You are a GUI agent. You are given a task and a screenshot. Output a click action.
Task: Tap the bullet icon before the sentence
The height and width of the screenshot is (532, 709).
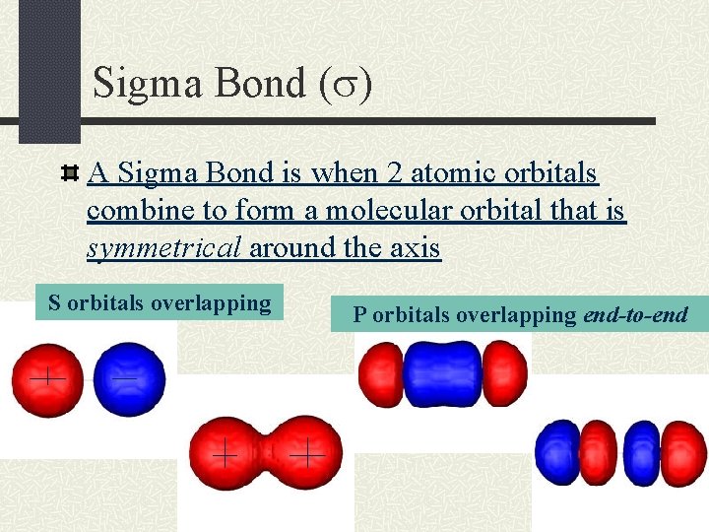70,174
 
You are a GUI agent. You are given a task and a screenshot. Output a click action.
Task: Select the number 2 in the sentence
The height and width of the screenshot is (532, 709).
395,173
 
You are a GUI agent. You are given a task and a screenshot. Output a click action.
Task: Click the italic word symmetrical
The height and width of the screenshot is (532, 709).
164,248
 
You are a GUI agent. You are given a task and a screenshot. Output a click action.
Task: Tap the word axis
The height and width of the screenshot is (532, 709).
415,248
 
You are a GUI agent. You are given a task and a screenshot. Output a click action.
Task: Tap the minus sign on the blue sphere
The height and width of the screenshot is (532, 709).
124,376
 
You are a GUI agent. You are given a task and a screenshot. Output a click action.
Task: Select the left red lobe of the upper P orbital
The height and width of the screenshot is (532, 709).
379,373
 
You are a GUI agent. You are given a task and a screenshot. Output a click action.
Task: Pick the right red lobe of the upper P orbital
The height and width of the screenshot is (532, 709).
504,371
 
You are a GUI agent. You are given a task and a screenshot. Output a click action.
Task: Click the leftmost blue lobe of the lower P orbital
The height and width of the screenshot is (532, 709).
556,453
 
